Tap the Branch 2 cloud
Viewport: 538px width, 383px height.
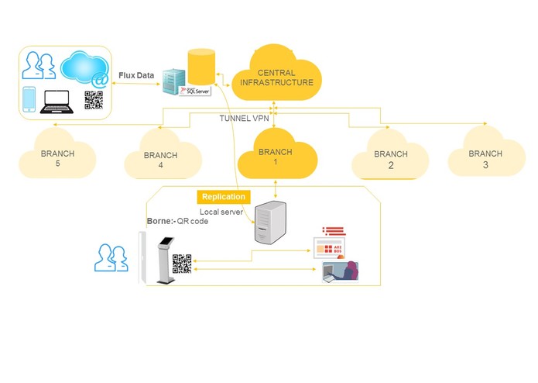tap(390, 160)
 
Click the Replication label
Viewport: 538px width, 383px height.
tap(224, 197)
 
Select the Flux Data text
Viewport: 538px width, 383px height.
tap(136, 75)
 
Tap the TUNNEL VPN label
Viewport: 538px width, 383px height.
tap(243, 118)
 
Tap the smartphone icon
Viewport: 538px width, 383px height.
tap(29, 99)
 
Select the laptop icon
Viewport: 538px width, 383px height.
tap(59, 101)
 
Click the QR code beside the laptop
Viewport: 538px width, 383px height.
tap(94, 100)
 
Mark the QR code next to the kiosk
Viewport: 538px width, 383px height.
tap(182, 264)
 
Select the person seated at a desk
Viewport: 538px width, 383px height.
tap(341, 271)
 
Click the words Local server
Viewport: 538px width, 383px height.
tap(222, 211)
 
